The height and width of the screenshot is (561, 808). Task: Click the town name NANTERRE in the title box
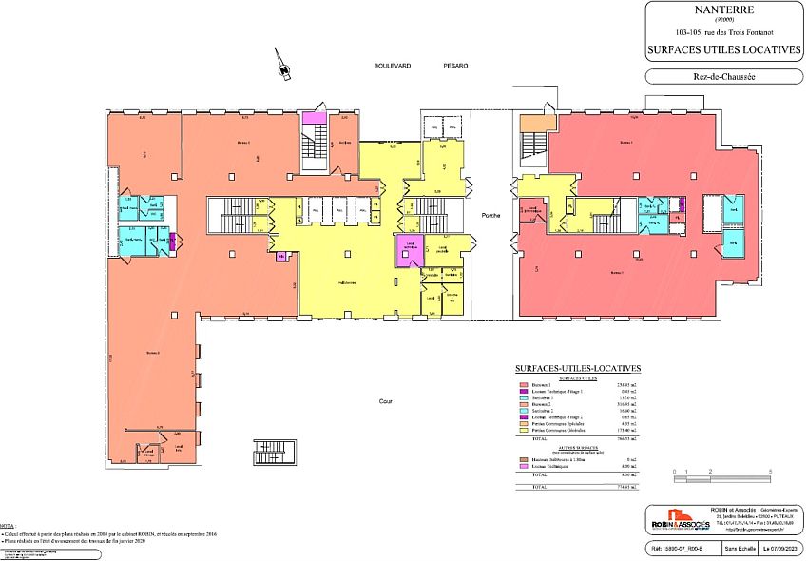tap(724, 13)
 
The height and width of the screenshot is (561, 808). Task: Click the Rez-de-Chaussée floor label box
tap(724, 77)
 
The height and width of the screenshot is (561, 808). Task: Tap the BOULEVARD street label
tap(392, 66)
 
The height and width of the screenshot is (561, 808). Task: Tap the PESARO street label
tap(455, 66)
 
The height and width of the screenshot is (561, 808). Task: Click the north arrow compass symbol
tap(281, 63)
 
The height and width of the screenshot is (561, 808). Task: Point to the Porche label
tap(491, 215)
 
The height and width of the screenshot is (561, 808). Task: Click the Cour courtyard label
tap(386, 401)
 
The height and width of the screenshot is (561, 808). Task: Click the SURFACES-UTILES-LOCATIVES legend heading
tap(577, 368)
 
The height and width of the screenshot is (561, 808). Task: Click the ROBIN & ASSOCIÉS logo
tap(679, 523)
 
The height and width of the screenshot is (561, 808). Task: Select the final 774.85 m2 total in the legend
tap(625, 487)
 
